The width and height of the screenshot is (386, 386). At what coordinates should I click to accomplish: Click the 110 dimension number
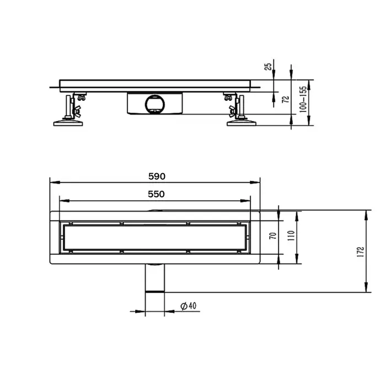coord(292,238)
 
